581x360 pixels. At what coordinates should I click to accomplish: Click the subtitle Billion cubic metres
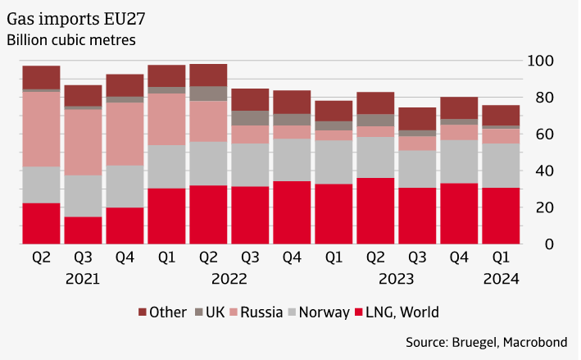[70, 39]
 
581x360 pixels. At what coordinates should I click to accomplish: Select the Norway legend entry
[327, 312]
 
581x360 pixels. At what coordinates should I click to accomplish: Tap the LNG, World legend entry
[402, 312]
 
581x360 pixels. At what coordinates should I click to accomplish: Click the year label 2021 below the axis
[83, 279]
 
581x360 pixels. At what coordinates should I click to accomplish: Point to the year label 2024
[501, 279]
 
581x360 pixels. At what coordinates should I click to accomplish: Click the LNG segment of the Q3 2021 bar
[83, 230]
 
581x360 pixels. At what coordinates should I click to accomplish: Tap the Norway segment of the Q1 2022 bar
[166, 167]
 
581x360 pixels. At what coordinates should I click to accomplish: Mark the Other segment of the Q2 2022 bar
[208, 75]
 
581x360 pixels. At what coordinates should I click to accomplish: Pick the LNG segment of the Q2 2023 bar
[375, 212]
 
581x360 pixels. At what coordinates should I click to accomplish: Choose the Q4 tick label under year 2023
[459, 257]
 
